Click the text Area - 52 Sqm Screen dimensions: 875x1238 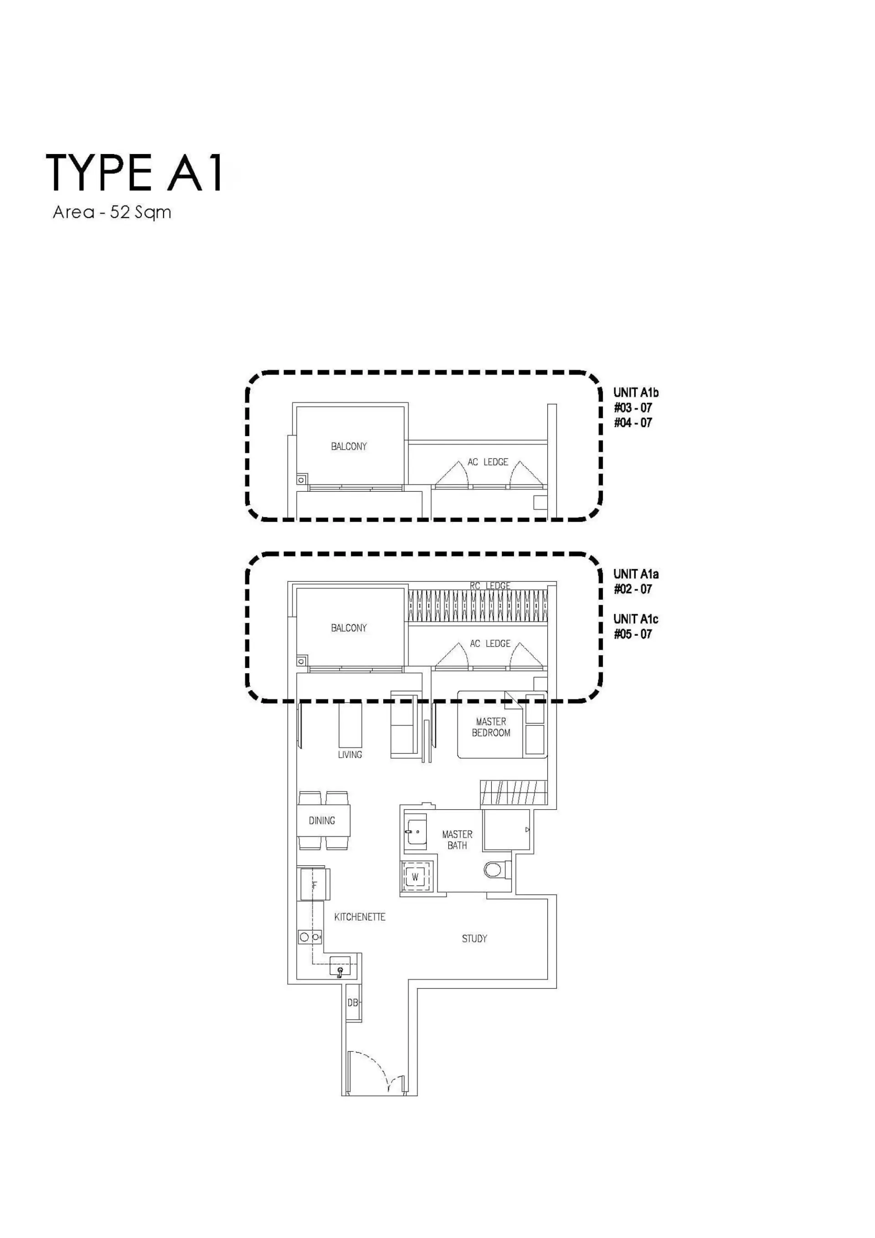tap(112, 212)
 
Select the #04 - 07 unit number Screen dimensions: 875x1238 tap(633, 423)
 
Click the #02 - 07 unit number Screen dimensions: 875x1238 tap(633, 589)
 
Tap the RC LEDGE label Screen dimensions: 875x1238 tap(490, 586)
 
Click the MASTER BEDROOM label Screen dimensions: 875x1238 tap(491, 727)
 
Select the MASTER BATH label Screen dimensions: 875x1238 tap(457, 839)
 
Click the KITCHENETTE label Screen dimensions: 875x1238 tap(360, 917)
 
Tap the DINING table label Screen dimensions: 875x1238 tap(322, 821)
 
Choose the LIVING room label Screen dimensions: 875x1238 tap(350, 755)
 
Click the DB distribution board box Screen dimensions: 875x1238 tap(353, 1002)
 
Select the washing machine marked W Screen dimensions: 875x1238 tap(415, 877)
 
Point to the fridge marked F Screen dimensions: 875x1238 tap(314, 885)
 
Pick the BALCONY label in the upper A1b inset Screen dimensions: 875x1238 tap(349, 447)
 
